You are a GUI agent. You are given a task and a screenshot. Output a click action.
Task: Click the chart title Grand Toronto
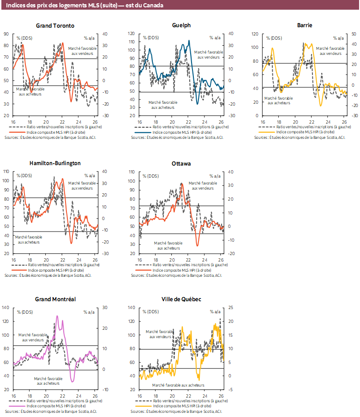(55, 25)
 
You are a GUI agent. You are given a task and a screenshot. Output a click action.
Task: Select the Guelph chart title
(181, 25)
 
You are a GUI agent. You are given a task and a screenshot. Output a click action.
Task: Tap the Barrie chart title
(305, 25)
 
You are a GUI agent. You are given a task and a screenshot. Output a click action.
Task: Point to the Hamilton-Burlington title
(55, 163)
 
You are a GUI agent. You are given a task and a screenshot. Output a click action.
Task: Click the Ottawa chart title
(181, 164)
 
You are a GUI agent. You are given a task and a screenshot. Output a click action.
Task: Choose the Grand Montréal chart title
(55, 299)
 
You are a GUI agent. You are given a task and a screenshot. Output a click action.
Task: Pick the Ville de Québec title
(181, 299)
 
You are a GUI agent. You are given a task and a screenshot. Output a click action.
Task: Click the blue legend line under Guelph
(143, 132)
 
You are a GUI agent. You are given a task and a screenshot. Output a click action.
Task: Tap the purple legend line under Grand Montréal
(17, 406)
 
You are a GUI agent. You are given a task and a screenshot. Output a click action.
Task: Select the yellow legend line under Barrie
(266, 132)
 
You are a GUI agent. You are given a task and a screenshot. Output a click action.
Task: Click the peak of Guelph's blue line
(189, 41)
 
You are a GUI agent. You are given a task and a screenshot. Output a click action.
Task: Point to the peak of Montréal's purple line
(57, 316)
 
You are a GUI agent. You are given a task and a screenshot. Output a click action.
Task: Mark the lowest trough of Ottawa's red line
(198, 245)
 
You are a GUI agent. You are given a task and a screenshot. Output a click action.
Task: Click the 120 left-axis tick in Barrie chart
(255, 34)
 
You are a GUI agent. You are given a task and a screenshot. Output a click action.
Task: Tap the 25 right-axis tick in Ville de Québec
(231, 307)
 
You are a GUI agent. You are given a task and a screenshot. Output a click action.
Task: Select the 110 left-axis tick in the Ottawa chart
(132, 172)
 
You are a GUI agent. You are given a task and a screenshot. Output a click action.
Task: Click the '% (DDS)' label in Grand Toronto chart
(24, 38)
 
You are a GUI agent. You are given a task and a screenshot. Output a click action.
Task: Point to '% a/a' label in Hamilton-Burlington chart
(90, 176)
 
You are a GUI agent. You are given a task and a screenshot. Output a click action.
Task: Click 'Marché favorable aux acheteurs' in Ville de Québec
(178, 385)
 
